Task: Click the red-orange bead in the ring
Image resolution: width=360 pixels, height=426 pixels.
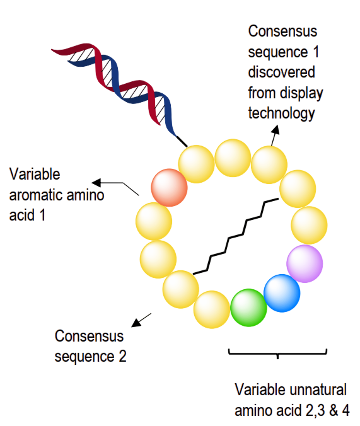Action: click(x=169, y=187)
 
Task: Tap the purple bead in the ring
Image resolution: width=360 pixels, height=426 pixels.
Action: click(x=305, y=263)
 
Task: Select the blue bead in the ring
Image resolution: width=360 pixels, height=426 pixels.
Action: click(x=282, y=293)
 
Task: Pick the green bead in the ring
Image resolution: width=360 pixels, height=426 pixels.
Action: click(x=248, y=308)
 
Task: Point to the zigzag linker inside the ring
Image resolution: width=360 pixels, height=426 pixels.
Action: click(x=235, y=236)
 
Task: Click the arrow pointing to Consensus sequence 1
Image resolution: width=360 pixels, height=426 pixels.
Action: click(x=275, y=135)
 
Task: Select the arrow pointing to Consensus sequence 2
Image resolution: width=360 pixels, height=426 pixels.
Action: click(x=141, y=320)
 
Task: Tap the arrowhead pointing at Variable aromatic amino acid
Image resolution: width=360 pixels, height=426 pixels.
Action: click(x=96, y=183)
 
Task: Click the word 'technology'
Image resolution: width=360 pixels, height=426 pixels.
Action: click(x=281, y=113)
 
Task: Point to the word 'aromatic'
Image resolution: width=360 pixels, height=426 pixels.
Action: click(x=38, y=195)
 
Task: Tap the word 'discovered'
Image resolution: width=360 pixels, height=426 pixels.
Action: click(x=281, y=72)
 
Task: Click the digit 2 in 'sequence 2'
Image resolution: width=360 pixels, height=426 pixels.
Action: click(x=123, y=356)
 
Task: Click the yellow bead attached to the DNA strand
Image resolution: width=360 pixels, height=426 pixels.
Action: click(x=196, y=164)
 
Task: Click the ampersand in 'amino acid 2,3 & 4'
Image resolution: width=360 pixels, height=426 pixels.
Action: click(x=334, y=410)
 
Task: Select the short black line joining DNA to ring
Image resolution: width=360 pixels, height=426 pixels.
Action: click(x=182, y=141)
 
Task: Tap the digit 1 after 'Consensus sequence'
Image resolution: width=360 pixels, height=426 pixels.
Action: click(x=316, y=52)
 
